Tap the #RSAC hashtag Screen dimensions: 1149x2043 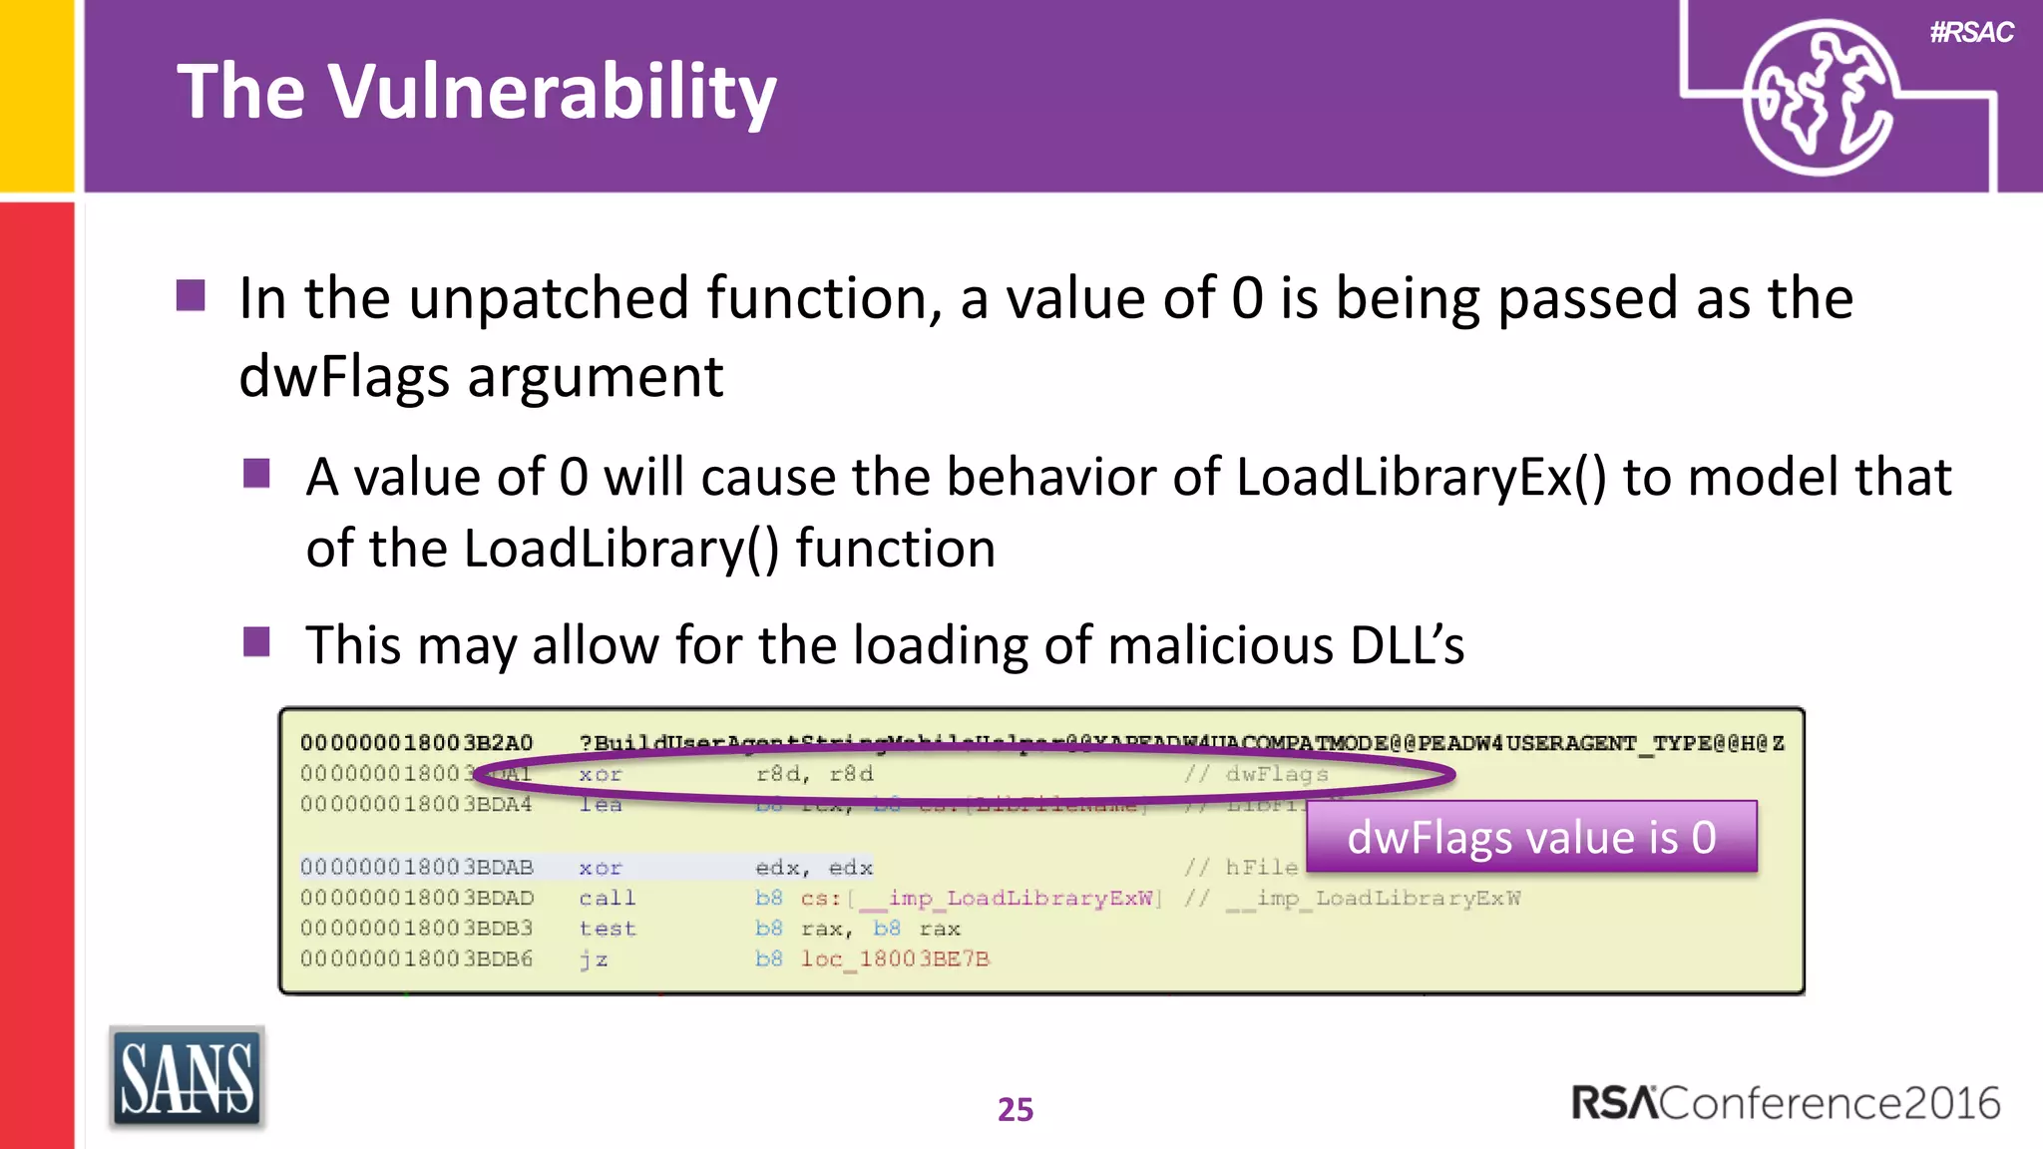(1971, 33)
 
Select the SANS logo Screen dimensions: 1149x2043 (187, 1078)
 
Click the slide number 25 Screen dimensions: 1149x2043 (1016, 1109)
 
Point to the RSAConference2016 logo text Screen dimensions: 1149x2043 (1786, 1103)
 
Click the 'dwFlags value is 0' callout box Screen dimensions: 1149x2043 (1531, 837)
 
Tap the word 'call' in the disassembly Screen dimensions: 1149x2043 (607, 899)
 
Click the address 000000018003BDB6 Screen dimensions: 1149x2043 (417, 959)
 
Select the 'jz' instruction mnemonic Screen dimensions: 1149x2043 (594, 959)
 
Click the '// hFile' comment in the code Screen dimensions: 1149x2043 (1241, 868)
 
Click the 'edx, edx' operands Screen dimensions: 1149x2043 (814, 868)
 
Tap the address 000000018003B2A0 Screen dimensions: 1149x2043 (417, 743)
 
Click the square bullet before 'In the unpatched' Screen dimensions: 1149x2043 (191, 296)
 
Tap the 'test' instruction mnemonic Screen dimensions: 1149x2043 (607, 929)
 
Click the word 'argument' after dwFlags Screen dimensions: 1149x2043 (595, 377)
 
